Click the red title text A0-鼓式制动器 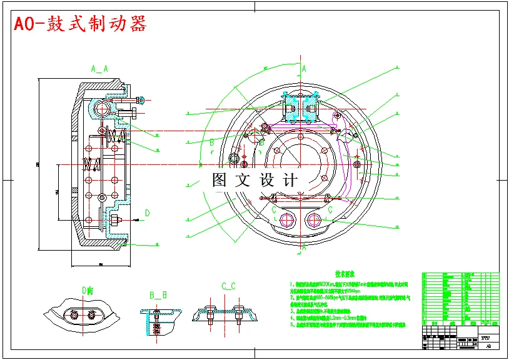(81, 24)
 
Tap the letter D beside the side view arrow (147, 213)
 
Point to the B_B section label (158, 294)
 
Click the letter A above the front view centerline (304, 68)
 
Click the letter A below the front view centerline (304, 247)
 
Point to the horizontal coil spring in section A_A (93, 164)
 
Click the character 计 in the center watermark (290, 180)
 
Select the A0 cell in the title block (488, 344)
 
